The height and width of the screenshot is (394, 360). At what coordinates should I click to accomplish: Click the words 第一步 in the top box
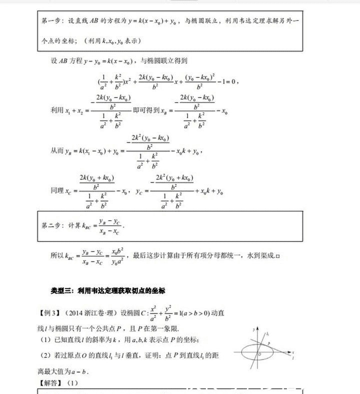(x=51, y=21)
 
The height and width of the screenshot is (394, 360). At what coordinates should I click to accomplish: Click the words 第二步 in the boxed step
(x=51, y=225)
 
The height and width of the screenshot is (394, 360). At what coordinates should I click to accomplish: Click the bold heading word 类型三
(x=60, y=290)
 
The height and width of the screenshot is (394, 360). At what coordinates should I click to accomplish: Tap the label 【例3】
(x=50, y=313)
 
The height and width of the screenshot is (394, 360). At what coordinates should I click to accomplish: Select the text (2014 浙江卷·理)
(x=91, y=313)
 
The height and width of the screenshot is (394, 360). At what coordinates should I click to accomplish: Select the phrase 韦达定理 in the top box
(x=251, y=21)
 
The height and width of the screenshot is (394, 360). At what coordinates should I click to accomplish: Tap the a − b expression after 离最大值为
(x=81, y=371)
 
